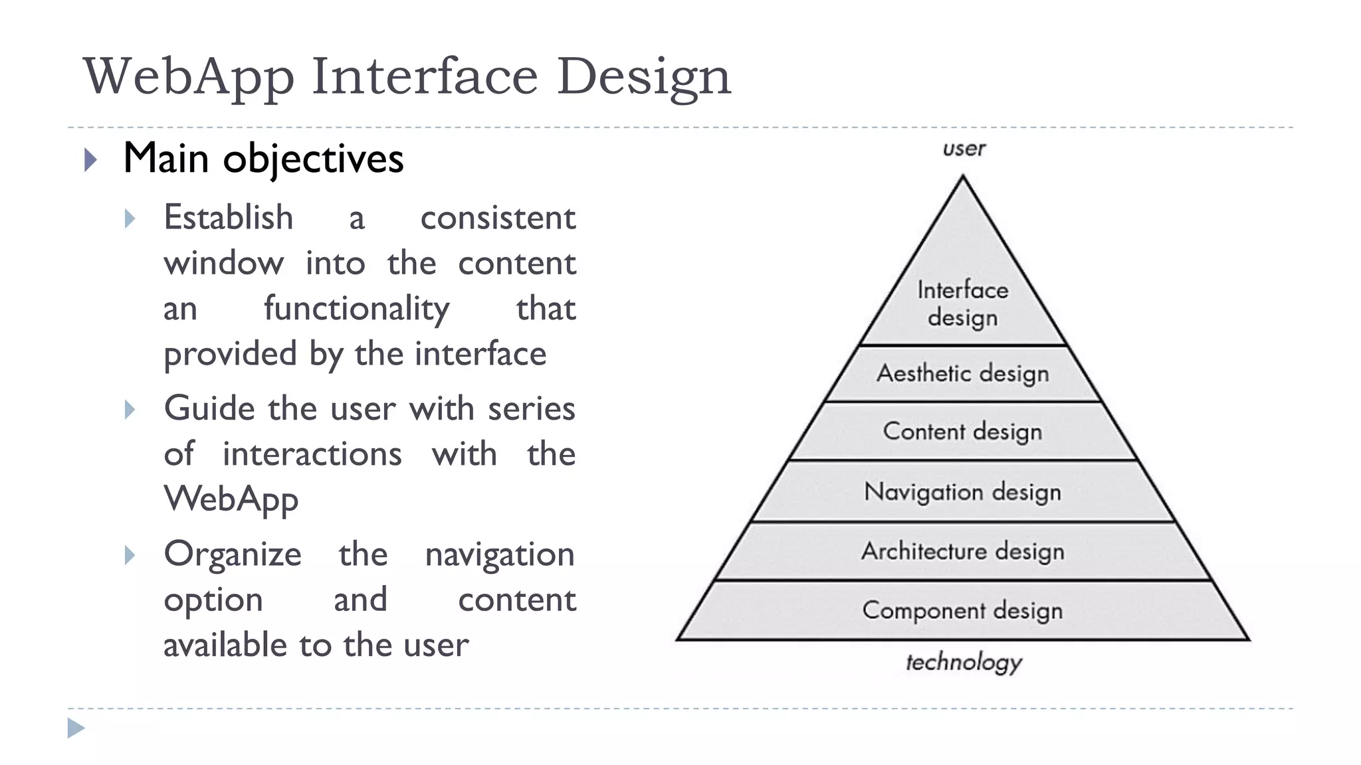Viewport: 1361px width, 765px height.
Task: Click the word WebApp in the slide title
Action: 189,78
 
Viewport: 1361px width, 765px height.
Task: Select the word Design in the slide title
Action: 643,78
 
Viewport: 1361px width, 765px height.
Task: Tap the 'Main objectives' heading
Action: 263,159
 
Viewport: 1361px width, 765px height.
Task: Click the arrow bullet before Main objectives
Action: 91,160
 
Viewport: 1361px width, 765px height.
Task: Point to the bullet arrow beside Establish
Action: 130,219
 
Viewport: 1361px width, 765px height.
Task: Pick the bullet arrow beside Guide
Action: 130,410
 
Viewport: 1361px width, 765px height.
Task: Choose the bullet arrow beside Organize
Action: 130,555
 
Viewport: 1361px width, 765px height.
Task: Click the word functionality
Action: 356,309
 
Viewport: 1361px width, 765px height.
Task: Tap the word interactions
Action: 312,455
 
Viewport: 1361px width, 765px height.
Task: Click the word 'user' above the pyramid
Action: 964,149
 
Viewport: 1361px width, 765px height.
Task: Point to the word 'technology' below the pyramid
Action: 964,662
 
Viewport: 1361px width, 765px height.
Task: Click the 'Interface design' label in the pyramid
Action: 963,303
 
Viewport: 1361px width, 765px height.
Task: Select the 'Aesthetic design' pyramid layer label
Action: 963,373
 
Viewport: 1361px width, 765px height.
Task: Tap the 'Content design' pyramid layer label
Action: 963,432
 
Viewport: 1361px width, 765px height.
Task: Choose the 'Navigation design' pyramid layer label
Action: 963,492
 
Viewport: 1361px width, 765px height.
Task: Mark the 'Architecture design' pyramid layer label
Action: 963,551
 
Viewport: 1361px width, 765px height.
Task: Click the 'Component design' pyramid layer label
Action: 963,610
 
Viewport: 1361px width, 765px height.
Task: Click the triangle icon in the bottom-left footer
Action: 76,728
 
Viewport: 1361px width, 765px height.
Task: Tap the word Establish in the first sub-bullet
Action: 229,218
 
